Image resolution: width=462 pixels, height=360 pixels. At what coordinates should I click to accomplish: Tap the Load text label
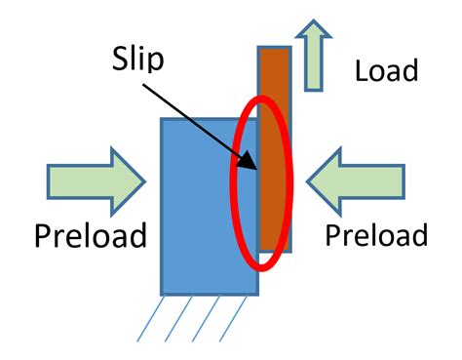(x=386, y=70)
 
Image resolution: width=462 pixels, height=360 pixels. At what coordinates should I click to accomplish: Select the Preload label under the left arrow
(x=91, y=236)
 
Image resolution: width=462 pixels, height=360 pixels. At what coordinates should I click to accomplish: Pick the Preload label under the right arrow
(x=376, y=235)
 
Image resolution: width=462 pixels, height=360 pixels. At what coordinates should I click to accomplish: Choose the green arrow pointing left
(x=355, y=181)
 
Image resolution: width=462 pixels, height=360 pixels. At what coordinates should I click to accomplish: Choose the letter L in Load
(x=362, y=70)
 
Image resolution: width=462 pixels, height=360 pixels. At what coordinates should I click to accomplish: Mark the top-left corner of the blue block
(x=161, y=120)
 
